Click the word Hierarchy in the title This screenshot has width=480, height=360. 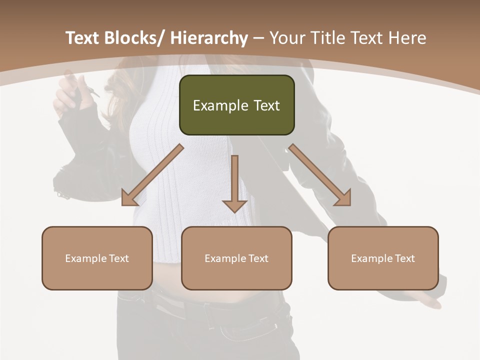pos(208,38)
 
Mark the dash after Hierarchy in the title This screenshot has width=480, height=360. pos(258,39)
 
